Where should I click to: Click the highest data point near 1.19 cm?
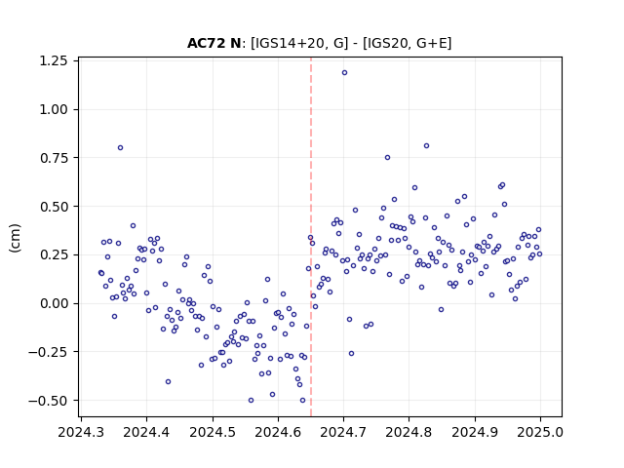(344, 73)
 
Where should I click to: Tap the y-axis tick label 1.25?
(54, 60)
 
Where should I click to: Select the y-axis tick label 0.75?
(54, 158)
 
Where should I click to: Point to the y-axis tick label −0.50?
(48, 401)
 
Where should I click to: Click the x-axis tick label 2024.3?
(81, 432)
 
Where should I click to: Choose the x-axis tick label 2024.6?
(278, 432)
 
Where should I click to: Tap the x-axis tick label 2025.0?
(540, 432)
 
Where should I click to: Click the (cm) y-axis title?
(15, 238)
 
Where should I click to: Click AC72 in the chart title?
(207, 43)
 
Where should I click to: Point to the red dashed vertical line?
(311, 237)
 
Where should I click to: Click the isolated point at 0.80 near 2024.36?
(121, 148)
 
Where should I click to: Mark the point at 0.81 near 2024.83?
(427, 146)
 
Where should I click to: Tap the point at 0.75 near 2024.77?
(388, 158)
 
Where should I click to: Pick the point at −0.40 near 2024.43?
(169, 381)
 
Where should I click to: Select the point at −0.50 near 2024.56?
(252, 401)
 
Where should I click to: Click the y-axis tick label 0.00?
(54, 303)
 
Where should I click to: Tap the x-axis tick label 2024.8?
(409, 432)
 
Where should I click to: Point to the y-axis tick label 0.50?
(54, 207)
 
